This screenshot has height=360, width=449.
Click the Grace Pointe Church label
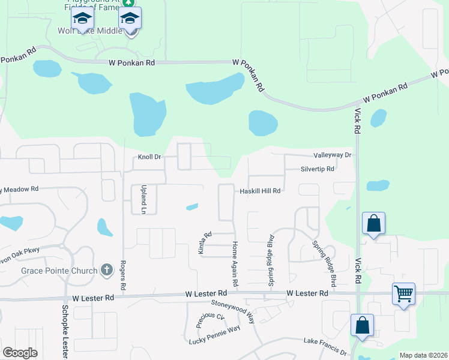pyautogui.click(x=59, y=271)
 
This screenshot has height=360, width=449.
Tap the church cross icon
pyautogui.click(x=107, y=270)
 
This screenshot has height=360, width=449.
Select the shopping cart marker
pyautogui.click(x=403, y=295)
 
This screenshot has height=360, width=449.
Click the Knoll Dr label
pyautogui.click(x=150, y=157)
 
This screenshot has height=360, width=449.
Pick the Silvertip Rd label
pyautogui.click(x=318, y=169)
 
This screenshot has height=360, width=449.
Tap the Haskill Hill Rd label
pyautogui.click(x=261, y=191)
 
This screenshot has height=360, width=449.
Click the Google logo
pyautogui.click(x=20, y=353)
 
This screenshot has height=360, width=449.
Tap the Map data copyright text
pyautogui.click(x=423, y=355)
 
